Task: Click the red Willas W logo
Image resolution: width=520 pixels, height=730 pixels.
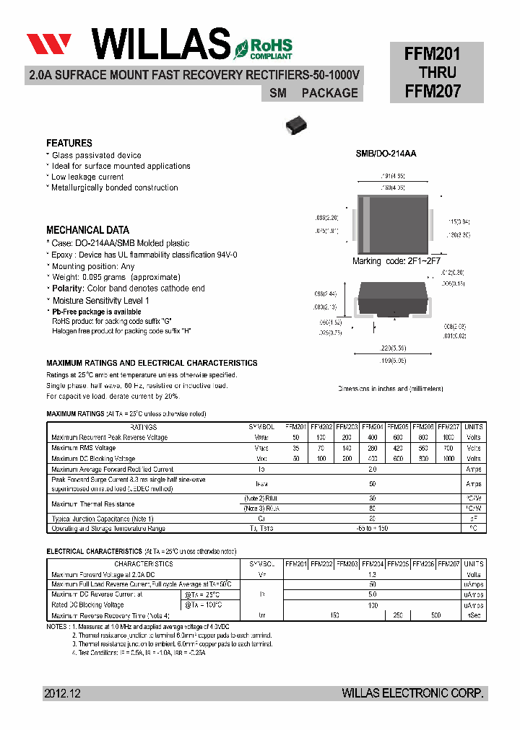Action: tap(49, 44)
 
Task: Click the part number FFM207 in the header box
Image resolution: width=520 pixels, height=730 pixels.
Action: tap(433, 92)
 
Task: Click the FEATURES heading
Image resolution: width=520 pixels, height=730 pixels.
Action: tap(69, 144)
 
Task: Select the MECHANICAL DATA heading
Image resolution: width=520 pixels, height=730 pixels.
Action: tap(88, 230)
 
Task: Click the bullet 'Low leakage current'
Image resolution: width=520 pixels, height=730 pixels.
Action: tap(87, 177)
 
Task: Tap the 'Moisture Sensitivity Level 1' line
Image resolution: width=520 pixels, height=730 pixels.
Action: tap(100, 300)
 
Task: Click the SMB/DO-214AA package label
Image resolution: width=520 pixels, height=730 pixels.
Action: tap(386, 154)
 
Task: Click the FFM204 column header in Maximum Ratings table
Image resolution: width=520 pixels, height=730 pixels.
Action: tap(373, 427)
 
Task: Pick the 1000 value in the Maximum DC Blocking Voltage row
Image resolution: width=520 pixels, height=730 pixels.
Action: tap(448, 459)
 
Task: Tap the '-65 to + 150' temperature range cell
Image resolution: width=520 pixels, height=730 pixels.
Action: tap(373, 529)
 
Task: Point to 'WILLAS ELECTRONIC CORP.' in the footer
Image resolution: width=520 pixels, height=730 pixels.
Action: tap(413, 693)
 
